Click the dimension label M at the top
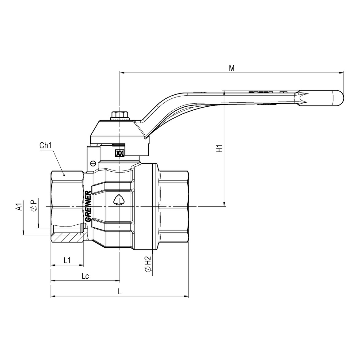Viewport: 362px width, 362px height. pyautogui.click(x=232, y=68)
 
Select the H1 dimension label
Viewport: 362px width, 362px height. pyautogui.click(x=219, y=148)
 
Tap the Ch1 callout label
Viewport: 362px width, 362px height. pyautogui.click(x=45, y=146)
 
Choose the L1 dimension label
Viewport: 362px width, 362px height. pyautogui.click(x=67, y=260)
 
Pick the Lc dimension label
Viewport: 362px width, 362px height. pyautogui.click(x=85, y=276)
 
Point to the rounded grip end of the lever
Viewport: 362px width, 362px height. pyautogui.click(x=337, y=98)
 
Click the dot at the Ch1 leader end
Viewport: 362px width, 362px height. pyautogui.click(x=64, y=175)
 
